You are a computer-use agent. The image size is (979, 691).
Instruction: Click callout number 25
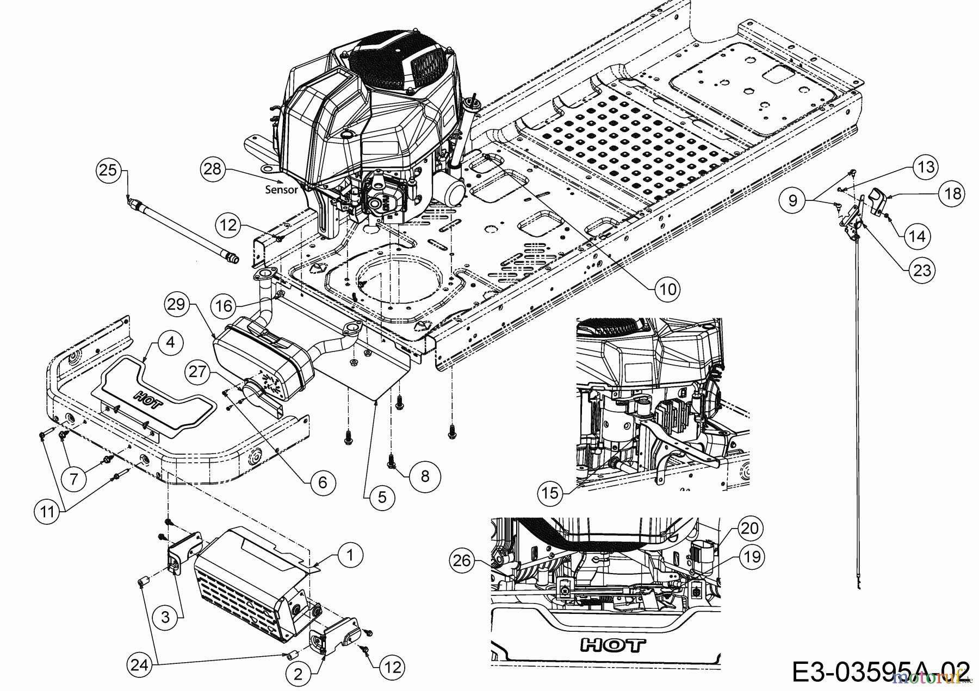click(x=109, y=170)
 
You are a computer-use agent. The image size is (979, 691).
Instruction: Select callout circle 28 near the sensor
click(x=213, y=168)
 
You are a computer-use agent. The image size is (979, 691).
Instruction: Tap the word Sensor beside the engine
click(x=281, y=190)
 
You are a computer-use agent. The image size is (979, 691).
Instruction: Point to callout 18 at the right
click(x=952, y=193)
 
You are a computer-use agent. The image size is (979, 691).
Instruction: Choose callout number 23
click(x=922, y=269)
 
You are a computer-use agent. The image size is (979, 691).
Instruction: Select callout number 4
click(x=170, y=343)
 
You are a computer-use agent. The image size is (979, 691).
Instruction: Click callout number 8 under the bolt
click(x=425, y=476)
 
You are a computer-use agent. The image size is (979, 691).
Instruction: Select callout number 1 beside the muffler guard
click(x=350, y=555)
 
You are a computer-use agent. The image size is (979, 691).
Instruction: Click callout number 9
click(x=792, y=200)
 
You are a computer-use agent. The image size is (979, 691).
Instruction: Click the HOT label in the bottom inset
click(x=613, y=645)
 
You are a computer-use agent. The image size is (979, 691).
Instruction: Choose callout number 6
click(x=323, y=482)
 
